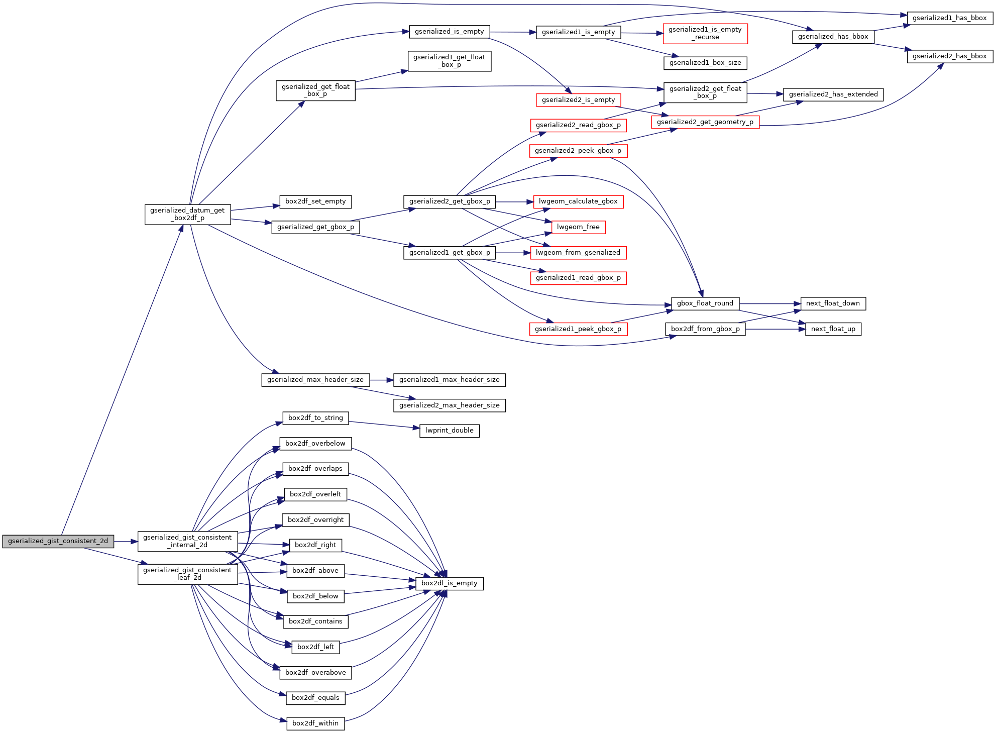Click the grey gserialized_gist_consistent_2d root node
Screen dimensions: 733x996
click(58, 541)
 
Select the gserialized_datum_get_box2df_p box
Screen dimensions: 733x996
click(187, 215)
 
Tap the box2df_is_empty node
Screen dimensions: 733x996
click(449, 583)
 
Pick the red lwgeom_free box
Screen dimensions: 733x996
click(578, 227)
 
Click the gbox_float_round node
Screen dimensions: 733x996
click(705, 303)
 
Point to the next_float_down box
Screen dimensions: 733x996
click(833, 303)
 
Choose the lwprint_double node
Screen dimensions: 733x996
click(449, 431)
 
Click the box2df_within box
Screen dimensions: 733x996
click(315, 723)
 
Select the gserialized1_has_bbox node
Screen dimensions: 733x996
click(949, 18)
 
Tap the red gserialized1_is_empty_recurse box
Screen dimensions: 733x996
click(705, 34)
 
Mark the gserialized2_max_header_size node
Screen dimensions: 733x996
click(449, 405)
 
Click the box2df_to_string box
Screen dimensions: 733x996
click(315, 418)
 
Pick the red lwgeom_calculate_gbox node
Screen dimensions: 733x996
click(578, 201)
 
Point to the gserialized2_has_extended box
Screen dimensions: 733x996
click(833, 94)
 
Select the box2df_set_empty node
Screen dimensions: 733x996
click(315, 201)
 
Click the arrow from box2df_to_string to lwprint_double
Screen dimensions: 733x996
click(384, 425)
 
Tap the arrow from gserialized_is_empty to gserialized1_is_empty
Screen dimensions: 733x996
click(513, 32)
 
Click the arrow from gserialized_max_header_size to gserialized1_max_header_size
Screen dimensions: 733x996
click(381, 380)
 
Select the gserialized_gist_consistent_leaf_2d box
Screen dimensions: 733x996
click(187, 574)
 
